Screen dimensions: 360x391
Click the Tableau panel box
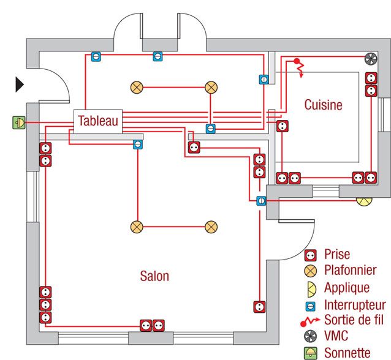(97, 121)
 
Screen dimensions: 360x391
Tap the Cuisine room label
(323, 105)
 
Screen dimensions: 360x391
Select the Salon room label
(154, 276)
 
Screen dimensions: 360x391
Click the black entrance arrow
(20, 84)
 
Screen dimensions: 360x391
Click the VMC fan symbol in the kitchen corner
(371, 59)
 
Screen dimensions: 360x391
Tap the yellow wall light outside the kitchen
(364, 200)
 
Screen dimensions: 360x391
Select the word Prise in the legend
(338, 254)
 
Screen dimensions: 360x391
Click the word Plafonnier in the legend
(351, 271)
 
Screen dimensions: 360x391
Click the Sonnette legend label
(347, 353)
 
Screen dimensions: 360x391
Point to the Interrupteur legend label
(355, 304)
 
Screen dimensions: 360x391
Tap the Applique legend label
(347, 287)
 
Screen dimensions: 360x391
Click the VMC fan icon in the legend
(311, 336)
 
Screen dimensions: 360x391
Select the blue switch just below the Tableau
(138, 144)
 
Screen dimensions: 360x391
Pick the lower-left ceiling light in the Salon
(136, 227)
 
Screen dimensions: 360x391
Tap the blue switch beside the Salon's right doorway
(260, 200)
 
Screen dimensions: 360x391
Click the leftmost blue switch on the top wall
(96, 56)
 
